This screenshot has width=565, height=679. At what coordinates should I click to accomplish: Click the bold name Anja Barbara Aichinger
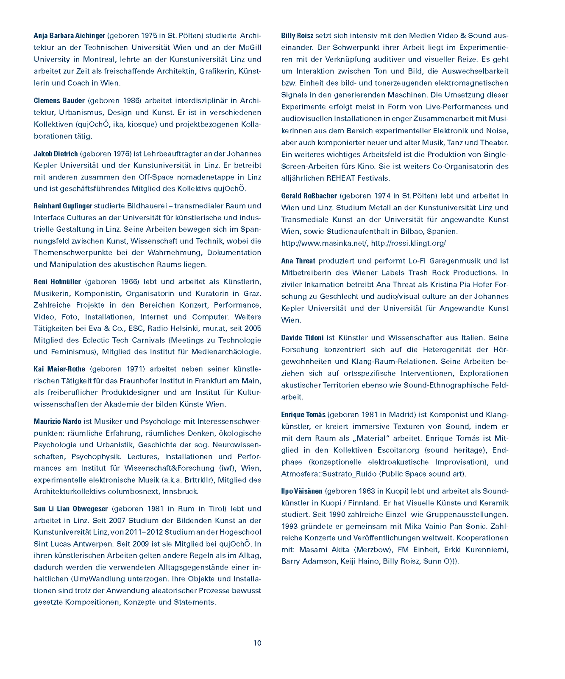[70, 36]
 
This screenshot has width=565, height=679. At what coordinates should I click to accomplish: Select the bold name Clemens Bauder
[59, 101]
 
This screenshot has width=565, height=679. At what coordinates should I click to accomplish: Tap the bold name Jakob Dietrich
[56, 154]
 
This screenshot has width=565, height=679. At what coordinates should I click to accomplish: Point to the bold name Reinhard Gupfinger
[63, 206]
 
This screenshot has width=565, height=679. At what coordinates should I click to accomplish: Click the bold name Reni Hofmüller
[58, 282]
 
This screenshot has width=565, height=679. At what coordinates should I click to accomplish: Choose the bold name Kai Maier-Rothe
[59, 369]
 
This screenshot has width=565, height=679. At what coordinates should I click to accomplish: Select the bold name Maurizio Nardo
[57, 421]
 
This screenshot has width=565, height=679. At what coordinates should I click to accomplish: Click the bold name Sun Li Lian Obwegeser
[71, 509]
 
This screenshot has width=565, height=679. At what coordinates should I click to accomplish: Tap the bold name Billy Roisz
[297, 36]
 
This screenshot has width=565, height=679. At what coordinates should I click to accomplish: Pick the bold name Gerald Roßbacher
[309, 196]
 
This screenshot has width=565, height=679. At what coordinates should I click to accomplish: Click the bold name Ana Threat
[298, 261]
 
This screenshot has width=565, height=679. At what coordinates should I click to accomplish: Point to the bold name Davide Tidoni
[302, 338]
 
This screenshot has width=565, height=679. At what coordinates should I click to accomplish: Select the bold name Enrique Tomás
[303, 415]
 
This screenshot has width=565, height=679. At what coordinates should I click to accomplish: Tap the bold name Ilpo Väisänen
[302, 491]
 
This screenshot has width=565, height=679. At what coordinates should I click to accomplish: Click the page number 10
[257, 643]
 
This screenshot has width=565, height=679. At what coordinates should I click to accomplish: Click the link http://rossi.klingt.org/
[408, 244]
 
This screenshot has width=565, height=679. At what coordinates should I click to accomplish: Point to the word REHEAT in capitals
[339, 178]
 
